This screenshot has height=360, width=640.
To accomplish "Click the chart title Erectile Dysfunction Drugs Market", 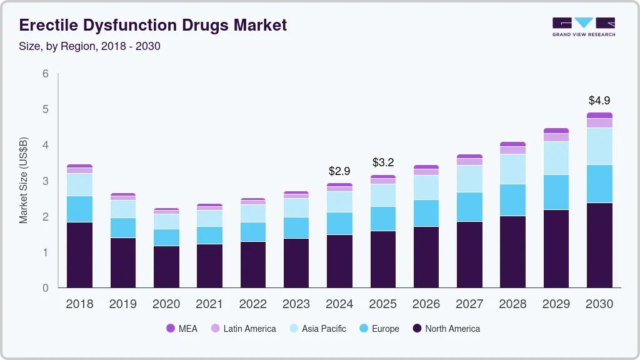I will (x=153, y=25).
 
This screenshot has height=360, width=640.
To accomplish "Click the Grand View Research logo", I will (x=584, y=26).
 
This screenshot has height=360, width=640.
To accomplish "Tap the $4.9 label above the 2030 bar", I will (x=599, y=100).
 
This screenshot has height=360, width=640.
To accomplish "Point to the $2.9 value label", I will (x=339, y=171).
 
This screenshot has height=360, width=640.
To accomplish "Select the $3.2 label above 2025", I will (x=382, y=162).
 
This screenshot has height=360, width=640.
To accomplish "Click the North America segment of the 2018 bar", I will (x=79, y=255).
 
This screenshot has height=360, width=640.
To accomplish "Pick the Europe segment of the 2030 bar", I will (x=599, y=184).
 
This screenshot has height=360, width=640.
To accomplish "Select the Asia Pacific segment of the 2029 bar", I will (x=556, y=158).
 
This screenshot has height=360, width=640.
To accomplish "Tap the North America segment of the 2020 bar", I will (x=166, y=267).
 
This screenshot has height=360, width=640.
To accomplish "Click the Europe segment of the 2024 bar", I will (x=339, y=223).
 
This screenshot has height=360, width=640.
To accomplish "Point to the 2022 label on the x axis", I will (x=252, y=304).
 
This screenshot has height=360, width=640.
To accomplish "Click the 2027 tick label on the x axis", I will (x=469, y=304).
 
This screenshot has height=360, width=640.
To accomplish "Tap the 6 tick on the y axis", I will (x=46, y=74).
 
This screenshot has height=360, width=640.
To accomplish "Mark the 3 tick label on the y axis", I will (x=46, y=181).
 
